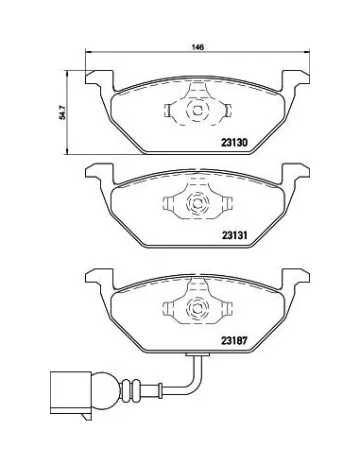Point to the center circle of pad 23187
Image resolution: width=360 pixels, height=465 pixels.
(x=197, y=308)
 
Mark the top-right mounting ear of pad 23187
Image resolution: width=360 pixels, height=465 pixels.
(x=300, y=278)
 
